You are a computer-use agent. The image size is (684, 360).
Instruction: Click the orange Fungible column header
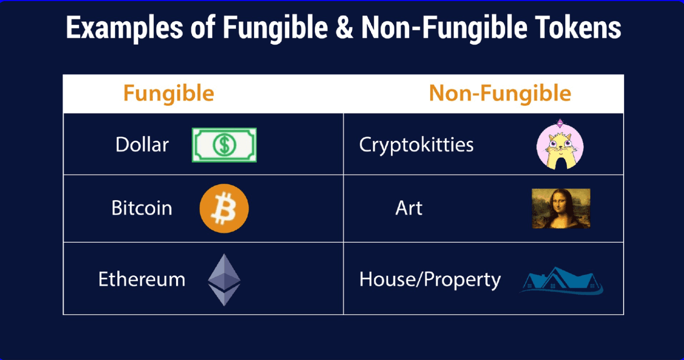pos(168,93)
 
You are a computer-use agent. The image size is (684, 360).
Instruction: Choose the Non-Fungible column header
pos(500,93)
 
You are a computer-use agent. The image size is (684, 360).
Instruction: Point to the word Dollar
pos(142,145)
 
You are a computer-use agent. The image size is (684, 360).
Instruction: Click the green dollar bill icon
pos(224,145)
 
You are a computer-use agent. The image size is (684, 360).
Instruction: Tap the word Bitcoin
pos(142,208)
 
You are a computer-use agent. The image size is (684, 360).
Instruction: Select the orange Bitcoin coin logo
pos(224,208)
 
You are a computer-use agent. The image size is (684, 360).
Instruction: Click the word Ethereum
pos(142,280)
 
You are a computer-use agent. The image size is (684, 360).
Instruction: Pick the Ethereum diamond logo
pos(224,280)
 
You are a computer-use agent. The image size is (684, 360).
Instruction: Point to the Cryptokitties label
pos(416,145)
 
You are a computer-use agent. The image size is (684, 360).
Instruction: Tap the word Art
pos(409,208)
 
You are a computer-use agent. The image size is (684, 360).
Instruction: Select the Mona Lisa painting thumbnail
pos(561,208)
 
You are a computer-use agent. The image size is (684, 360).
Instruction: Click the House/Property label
pos(430,280)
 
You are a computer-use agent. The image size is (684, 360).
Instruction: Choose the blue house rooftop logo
pos(561,281)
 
